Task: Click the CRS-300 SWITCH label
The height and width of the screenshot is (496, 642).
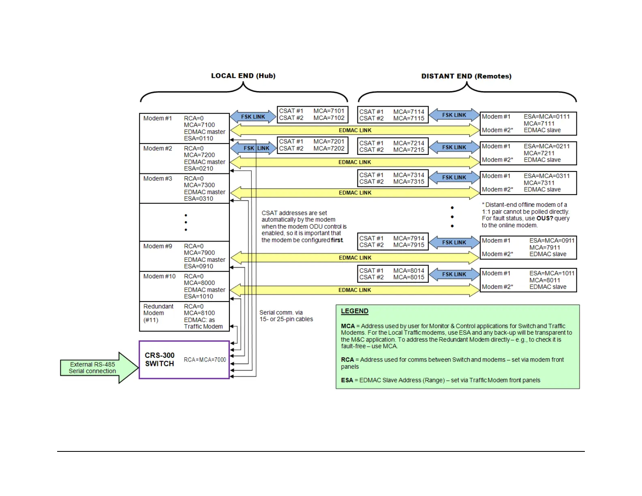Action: [160, 359]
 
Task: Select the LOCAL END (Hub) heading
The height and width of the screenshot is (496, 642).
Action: [243, 76]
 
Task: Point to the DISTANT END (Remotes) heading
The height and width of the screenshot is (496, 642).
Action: [466, 76]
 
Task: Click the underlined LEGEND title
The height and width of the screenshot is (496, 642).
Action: [355, 311]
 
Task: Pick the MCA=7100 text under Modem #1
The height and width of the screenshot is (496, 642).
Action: [199, 125]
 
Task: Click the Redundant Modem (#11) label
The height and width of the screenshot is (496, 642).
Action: [158, 313]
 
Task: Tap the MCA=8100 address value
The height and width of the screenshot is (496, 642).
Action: [199, 313]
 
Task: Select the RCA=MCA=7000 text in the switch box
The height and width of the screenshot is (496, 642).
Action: [205, 360]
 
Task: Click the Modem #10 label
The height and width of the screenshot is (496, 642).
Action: [160, 276]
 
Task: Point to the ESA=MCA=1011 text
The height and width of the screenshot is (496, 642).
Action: [552, 274]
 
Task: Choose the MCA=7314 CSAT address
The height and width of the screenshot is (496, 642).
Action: [409, 175]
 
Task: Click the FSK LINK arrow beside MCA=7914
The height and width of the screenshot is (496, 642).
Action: [454, 242]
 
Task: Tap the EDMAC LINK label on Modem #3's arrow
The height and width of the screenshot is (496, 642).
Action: [355, 193]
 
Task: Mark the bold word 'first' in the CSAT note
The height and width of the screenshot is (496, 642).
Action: [337, 240]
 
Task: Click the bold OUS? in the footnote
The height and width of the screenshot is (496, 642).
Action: [544, 218]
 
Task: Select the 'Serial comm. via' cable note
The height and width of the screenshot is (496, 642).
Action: [281, 313]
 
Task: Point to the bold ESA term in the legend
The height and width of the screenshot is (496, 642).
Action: [347, 380]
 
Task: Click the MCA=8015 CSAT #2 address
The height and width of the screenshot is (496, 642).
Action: [409, 277]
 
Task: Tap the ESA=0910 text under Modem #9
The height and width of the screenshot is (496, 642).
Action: [199, 266]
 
